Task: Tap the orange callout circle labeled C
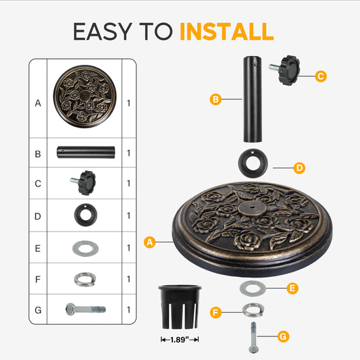point(321,76)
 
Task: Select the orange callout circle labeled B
point(215,100)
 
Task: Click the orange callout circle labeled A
point(151,240)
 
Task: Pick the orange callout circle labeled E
point(292,288)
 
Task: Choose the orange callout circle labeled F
point(215,313)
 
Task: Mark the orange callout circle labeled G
point(283,335)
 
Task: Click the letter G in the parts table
point(38,310)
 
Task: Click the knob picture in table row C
point(84,182)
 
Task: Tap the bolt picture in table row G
point(85,310)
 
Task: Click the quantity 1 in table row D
point(128,216)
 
